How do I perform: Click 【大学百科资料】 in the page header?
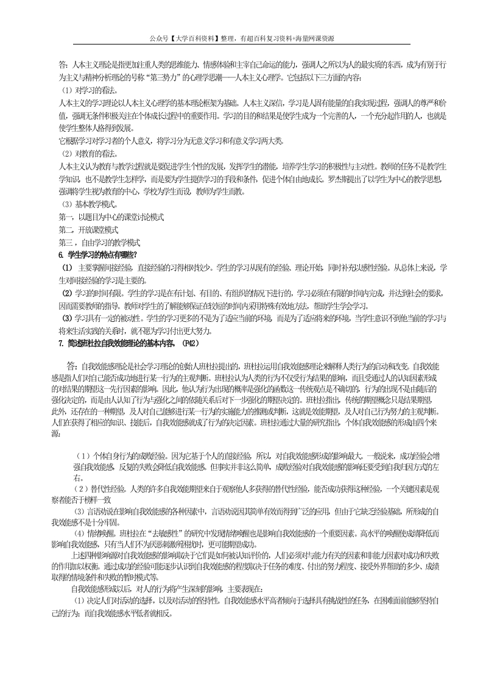(195, 38)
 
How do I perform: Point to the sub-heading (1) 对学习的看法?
(90, 90)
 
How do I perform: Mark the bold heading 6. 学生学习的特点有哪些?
(98, 254)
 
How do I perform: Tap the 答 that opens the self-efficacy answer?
(71, 366)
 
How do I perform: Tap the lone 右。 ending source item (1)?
(80, 476)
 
